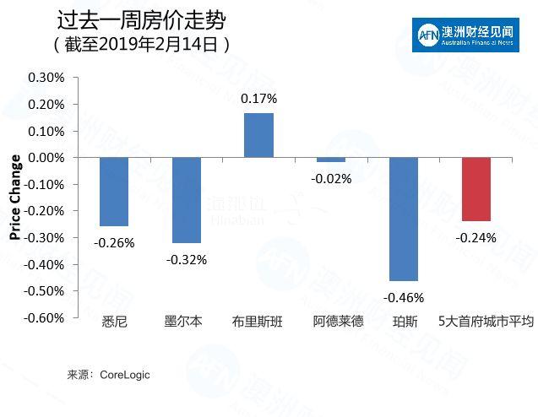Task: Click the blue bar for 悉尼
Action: click(114, 192)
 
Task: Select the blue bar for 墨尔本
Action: click(186, 200)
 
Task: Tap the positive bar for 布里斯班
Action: click(258, 135)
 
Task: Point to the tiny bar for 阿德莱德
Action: click(331, 160)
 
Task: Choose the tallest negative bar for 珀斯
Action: click(404, 219)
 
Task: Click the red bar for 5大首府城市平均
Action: click(476, 189)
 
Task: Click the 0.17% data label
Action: click(258, 100)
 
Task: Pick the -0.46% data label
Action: click(404, 297)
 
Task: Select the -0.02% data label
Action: click(332, 178)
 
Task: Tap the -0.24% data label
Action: click(476, 237)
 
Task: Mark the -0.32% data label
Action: click(187, 259)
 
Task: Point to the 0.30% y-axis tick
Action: click(46, 78)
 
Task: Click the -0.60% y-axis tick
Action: click(44, 317)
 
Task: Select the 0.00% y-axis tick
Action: click(46, 158)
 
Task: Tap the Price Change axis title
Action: click(15, 198)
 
